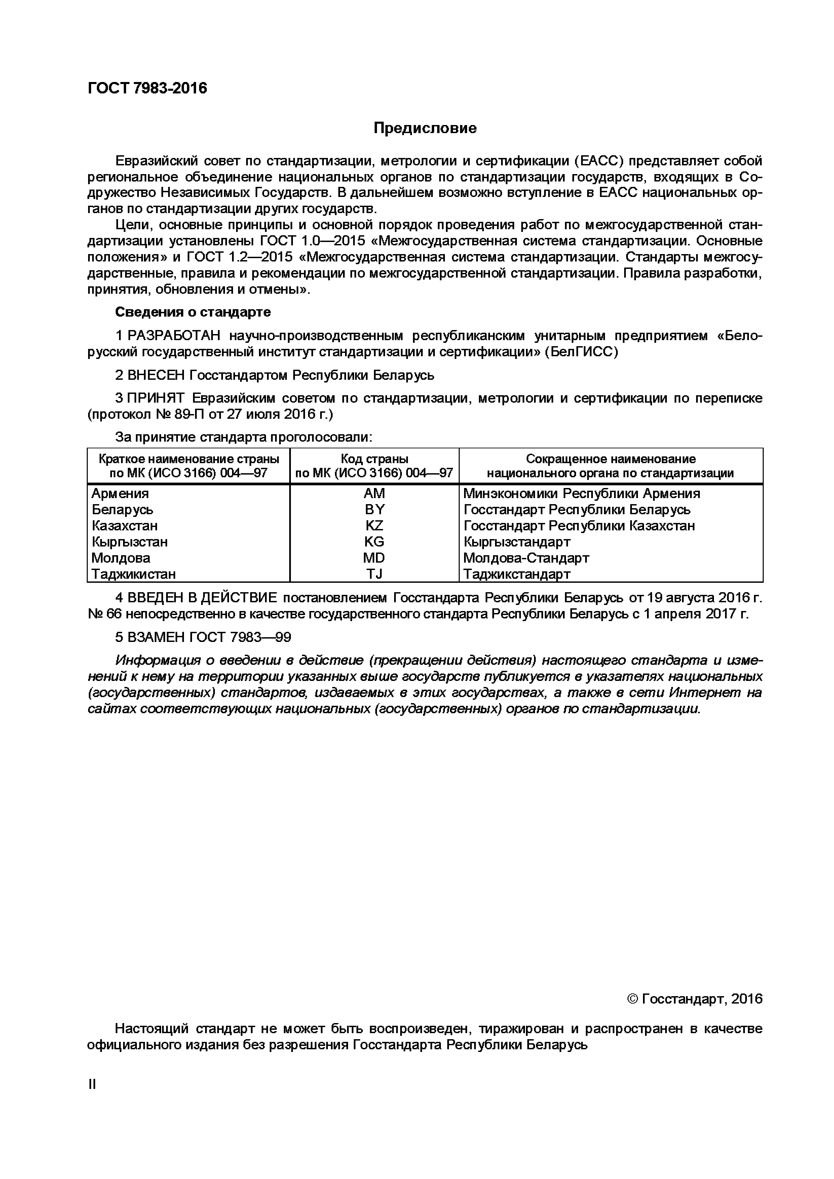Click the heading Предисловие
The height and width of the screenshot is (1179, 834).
[x=425, y=128]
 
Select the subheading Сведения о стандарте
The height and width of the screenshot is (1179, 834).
[x=193, y=312]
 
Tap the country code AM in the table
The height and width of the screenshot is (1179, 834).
[x=374, y=493]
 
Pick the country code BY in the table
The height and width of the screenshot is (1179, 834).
[x=374, y=510]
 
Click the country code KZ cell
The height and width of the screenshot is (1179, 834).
[x=374, y=525]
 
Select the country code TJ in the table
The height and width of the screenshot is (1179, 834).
[x=374, y=574]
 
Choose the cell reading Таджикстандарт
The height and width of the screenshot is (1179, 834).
[x=517, y=574]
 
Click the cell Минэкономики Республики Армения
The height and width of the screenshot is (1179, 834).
[x=581, y=493]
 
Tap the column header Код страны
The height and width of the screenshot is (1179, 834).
[x=374, y=458]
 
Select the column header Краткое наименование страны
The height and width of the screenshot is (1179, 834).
[x=189, y=458]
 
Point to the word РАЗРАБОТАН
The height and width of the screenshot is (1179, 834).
[x=174, y=336]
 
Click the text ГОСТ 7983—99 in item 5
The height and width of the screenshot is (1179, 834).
[x=240, y=637]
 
